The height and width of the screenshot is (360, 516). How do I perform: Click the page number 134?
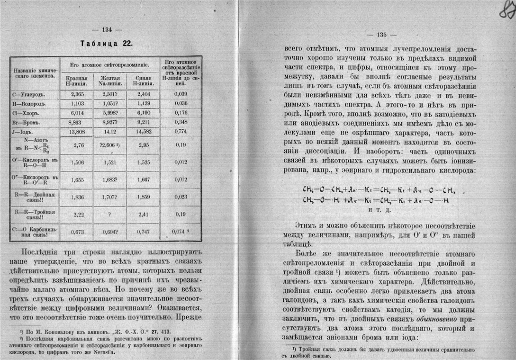point(107,29)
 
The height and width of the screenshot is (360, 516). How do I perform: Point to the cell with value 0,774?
point(180,132)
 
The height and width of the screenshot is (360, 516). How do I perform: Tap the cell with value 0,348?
point(180,121)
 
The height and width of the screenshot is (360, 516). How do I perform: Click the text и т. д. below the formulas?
point(382,210)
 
